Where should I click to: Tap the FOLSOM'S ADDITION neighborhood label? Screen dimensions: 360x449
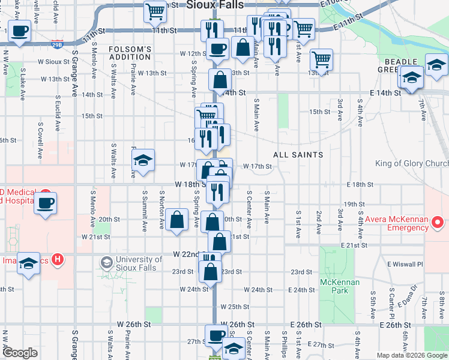point(130,53)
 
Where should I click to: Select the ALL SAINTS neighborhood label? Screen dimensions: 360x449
point(298,155)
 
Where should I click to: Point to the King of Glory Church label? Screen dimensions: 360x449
point(412,164)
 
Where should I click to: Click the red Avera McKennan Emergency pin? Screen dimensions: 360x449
point(439,223)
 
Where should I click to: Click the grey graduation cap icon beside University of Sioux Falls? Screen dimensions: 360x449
point(106,262)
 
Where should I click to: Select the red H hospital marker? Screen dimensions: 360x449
point(58,260)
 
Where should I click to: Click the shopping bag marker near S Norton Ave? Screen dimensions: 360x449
point(178,220)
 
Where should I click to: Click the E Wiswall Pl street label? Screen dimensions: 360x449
point(406,264)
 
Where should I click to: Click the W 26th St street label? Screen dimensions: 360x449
point(134,324)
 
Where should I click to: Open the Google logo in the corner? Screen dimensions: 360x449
point(20,353)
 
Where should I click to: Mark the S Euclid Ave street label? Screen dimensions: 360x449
point(57,114)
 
